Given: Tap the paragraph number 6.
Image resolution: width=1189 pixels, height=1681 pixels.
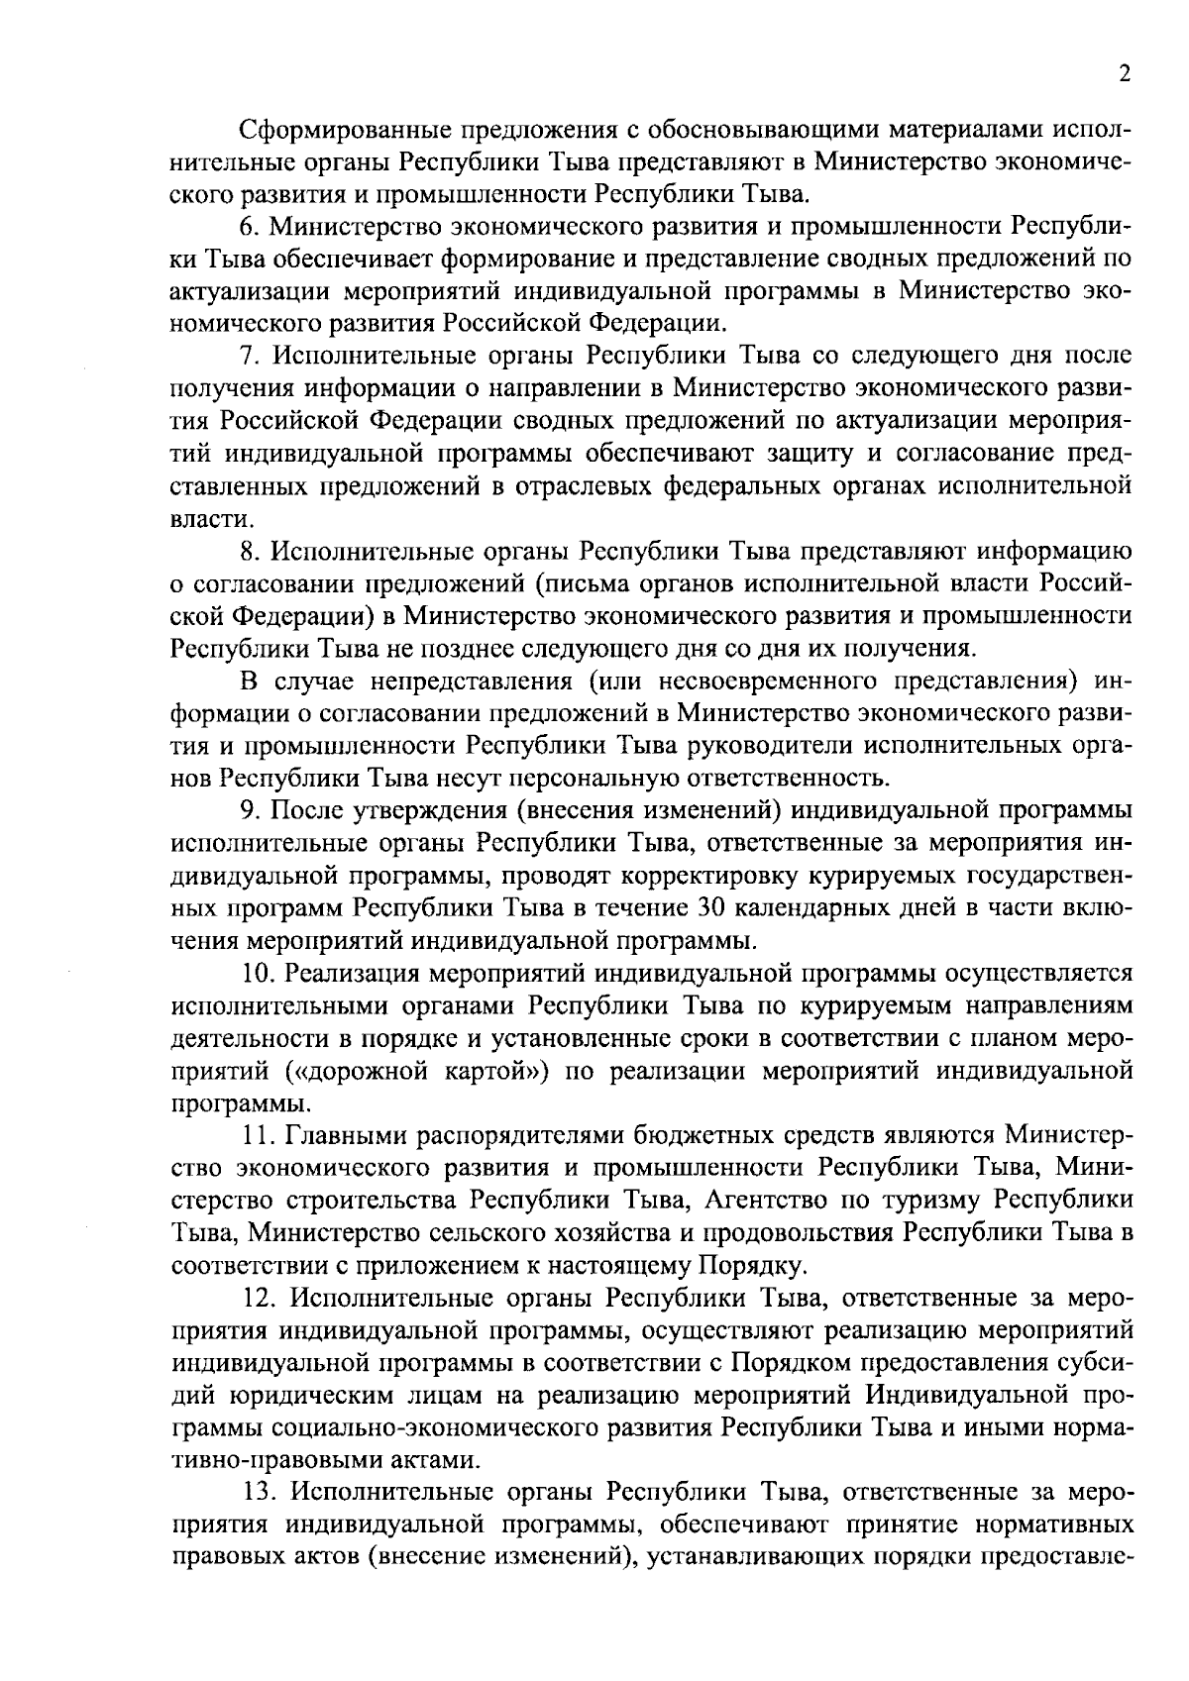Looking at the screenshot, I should pyautogui.click(x=248, y=227).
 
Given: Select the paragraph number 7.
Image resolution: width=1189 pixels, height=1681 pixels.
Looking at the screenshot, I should pyautogui.click(x=248, y=356).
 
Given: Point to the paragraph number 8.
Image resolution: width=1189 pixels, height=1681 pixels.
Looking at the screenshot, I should pyautogui.click(x=248, y=550).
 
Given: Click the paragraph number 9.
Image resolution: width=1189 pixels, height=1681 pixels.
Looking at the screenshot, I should pyautogui.click(x=248, y=809).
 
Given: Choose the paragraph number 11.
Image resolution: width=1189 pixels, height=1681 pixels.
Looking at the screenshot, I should pyautogui.click(x=254, y=1132).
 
